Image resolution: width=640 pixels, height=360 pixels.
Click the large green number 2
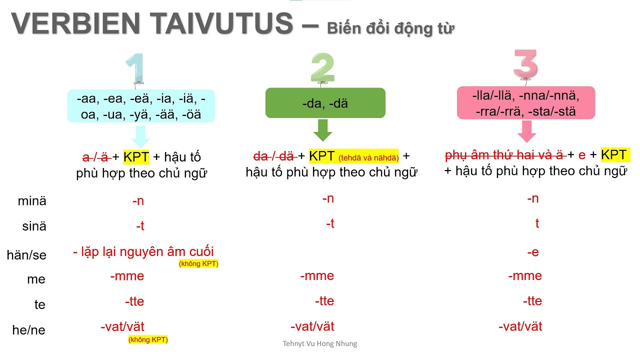click(x=322, y=67)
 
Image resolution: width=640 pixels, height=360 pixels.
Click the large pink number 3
click(x=525, y=65)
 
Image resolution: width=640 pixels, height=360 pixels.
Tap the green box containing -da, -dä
click(x=325, y=103)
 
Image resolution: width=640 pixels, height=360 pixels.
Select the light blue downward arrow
click(x=140, y=135)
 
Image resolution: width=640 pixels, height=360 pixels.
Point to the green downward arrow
click(x=322, y=130)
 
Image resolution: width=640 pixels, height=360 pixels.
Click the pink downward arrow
click(x=526, y=131)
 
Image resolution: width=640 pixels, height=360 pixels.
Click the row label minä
click(x=31, y=201)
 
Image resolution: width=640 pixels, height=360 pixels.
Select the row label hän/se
click(x=26, y=255)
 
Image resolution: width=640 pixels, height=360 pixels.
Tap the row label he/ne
click(x=28, y=330)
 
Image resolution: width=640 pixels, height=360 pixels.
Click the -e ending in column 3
click(x=533, y=252)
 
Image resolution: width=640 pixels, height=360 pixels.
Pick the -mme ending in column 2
click(x=317, y=276)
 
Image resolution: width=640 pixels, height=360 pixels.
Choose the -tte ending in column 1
click(x=134, y=301)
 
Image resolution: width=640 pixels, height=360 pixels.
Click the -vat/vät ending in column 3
click(x=520, y=327)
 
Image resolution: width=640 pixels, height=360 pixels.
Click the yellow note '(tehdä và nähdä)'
click(x=368, y=158)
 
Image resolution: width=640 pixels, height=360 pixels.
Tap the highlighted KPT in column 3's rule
click(x=614, y=155)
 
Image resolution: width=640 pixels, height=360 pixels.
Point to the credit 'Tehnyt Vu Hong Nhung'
click(x=320, y=343)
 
